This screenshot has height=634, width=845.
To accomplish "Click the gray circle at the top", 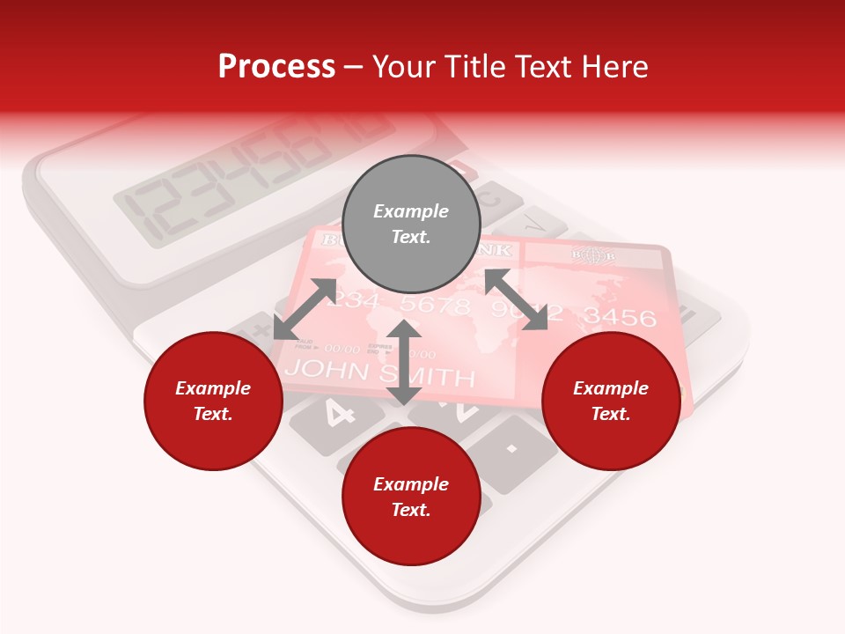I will tap(411, 225).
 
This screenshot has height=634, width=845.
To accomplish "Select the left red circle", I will tap(213, 402).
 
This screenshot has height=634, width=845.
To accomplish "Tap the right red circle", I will tap(611, 402).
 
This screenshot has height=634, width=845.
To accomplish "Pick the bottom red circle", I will tap(411, 497).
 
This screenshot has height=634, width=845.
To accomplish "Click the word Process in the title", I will tap(276, 66).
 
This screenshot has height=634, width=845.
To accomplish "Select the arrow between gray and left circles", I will tap(305, 309).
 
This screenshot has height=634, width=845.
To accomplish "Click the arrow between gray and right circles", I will tap(516, 300).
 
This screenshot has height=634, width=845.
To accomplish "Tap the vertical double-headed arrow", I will tap(404, 362).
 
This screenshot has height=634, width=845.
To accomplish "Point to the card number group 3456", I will tap(620, 317).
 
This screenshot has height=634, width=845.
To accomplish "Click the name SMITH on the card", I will tap(431, 377).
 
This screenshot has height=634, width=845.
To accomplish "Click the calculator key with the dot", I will tap(511, 449).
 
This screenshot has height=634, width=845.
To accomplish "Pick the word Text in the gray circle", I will tap(410, 237).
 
